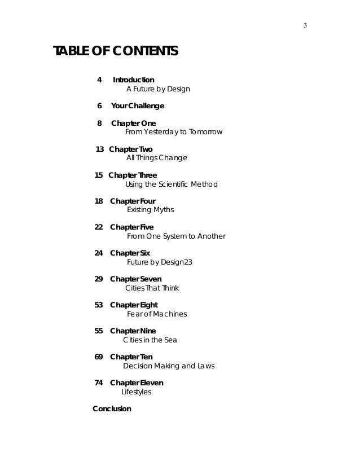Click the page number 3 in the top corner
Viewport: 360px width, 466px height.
(x=305, y=26)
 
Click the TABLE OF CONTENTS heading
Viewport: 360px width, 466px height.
(x=116, y=52)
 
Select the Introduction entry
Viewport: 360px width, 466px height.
(x=134, y=80)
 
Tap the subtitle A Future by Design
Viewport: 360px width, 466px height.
(x=158, y=89)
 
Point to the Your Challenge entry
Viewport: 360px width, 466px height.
(x=138, y=105)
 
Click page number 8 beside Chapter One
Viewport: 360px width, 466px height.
(x=99, y=123)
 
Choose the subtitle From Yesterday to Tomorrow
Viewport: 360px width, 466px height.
(x=174, y=132)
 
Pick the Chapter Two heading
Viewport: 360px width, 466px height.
(x=130, y=149)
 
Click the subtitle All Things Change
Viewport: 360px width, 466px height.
(x=156, y=158)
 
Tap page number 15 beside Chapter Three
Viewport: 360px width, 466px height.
(x=99, y=175)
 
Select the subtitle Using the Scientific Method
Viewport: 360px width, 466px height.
(x=171, y=184)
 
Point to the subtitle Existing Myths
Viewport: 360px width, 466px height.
(x=150, y=210)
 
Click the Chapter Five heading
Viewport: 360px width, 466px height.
(x=131, y=227)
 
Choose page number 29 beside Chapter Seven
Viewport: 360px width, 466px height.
(x=99, y=279)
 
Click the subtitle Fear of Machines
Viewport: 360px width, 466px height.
(x=157, y=314)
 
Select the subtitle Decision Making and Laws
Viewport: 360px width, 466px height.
(x=169, y=366)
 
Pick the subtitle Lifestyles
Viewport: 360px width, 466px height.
(x=137, y=392)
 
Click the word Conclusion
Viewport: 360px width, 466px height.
(x=112, y=408)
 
